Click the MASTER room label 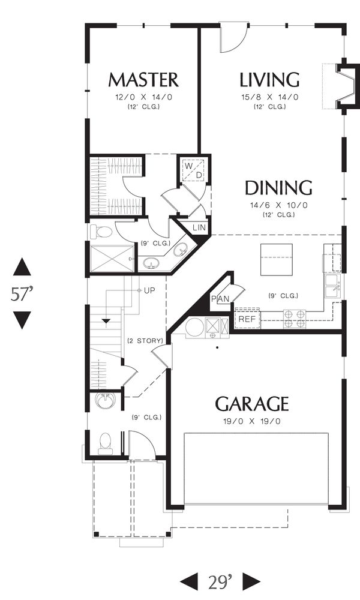[143, 80]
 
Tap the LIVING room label [269, 80]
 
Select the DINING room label [278, 187]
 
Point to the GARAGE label [252, 404]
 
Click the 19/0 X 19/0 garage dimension [252, 422]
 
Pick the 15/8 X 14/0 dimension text [269, 97]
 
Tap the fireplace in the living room [344, 86]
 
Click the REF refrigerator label [247, 319]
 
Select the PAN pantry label [220, 299]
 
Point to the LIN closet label [199, 227]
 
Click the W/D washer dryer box [193, 170]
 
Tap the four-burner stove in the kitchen [295, 319]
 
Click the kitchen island [277, 259]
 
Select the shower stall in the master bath [112, 259]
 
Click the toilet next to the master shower [101, 232]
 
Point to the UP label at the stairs [149, 291]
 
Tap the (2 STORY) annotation [145, 341]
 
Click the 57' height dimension [22, 294]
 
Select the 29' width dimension [220, 582]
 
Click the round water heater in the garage [195, 327]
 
